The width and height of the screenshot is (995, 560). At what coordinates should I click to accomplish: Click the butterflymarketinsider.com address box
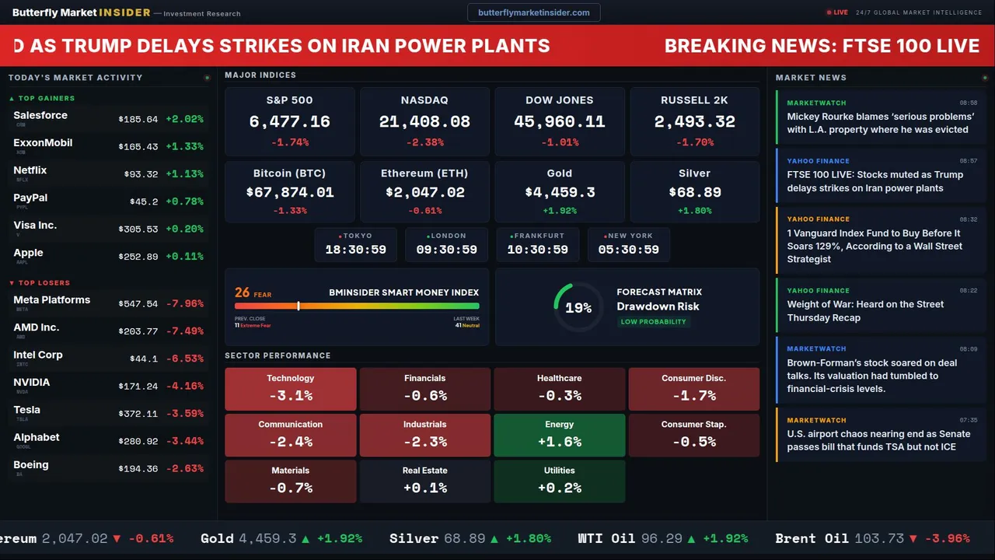(x=533, y=12)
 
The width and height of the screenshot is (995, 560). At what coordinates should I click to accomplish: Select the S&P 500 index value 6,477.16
(x=289, y=122)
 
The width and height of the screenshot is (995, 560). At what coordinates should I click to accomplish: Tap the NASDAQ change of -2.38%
(x=424, y=142)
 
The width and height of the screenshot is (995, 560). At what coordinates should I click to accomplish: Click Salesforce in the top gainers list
(x=40, y=115)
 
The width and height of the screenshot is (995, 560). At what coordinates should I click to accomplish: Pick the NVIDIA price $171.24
(x=138, y=387)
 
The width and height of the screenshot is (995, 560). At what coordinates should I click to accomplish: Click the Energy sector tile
(x=559, y=435)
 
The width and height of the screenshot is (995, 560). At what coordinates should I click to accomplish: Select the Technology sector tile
(x=290, y=389)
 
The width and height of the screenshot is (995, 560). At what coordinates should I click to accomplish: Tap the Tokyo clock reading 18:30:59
(x=355, y=250)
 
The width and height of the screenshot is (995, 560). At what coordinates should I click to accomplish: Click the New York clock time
(x=628, y=250)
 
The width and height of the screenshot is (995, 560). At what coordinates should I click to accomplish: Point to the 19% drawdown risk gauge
(x=578, y=308)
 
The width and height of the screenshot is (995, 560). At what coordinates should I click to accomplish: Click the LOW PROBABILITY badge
(x=653, y=322)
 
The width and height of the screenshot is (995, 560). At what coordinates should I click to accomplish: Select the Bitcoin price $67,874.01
(x=289, y=192)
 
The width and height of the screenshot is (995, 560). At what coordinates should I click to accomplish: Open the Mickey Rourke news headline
(x=880, y=123)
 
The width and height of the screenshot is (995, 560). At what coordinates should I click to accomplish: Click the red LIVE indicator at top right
(x=838, y=12)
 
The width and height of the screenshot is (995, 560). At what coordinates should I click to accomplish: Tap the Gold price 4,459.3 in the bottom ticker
(x=267, y=538)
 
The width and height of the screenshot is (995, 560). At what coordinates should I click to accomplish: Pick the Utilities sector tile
(x=559, y=481)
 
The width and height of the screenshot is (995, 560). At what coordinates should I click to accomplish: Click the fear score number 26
(x=243, y=292)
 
